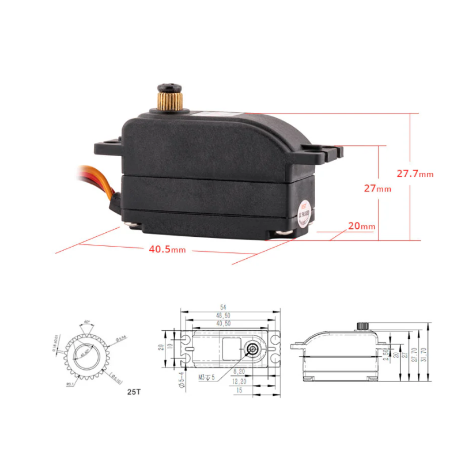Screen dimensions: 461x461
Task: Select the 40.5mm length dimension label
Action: point(167,250)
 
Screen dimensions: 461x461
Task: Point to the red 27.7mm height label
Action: point(415,173)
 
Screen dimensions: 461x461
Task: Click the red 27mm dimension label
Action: point(377,188)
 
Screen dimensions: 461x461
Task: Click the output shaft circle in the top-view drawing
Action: point(253,349)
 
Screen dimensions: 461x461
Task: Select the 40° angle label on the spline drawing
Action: point(86,321)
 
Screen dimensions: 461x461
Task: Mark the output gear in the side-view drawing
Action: point(363,326)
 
